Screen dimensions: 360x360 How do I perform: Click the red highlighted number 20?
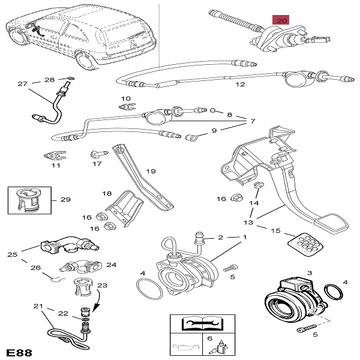point(280,20)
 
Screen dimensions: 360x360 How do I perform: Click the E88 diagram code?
point(20,350)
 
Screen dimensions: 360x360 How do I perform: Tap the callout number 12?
point(240,85)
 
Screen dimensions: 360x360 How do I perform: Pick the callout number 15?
point(276,230)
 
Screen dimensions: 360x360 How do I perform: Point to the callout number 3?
point(310,273)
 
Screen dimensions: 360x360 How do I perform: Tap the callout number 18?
point(107,193)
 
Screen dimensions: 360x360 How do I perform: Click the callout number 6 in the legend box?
point(209,339)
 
